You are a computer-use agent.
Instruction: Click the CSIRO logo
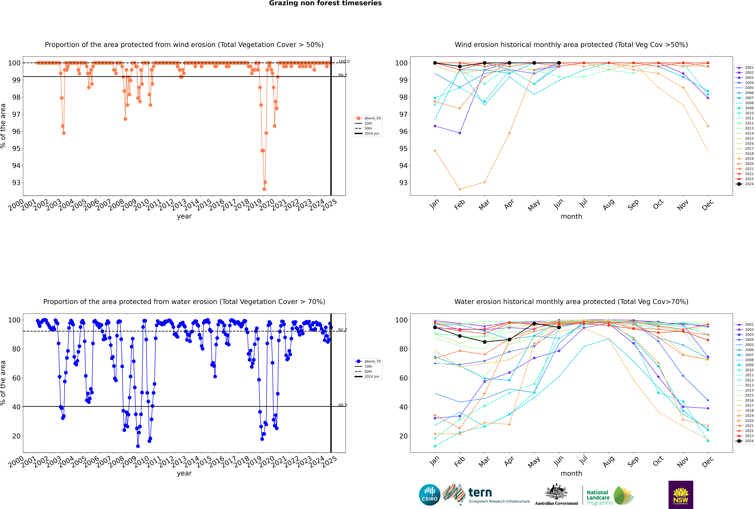pyautogui.click(x=429, y=495)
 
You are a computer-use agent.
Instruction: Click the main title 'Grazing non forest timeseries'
pyautogui.click(x=325, y=3)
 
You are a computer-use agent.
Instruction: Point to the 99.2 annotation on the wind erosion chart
pyautogui.click(x=342, y=75)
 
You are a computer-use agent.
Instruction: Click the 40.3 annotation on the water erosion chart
pyautogui.click(x=342, y=405)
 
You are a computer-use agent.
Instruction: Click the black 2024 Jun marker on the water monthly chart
pyautogui.click(x=559, y=328)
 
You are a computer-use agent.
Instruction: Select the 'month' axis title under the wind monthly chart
pyautogui.click(x=571, y=217)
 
